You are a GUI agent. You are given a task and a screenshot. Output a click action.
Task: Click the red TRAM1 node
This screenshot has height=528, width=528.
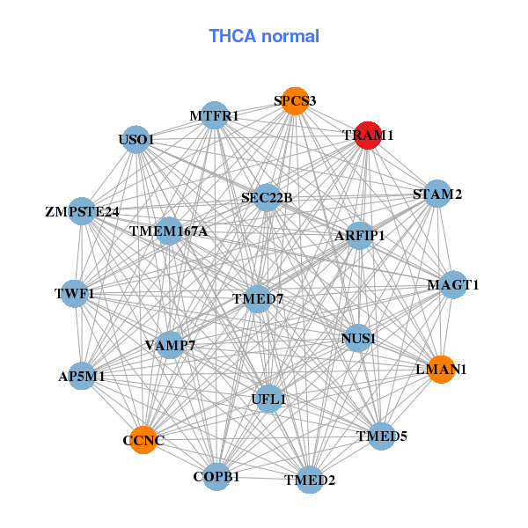pos(367,136)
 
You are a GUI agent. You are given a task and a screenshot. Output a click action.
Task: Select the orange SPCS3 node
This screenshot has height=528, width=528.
pos(295,101)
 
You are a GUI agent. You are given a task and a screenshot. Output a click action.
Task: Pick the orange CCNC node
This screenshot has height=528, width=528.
pos(143,439)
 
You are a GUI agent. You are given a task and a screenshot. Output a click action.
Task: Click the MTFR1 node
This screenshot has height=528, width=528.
pos(215,115)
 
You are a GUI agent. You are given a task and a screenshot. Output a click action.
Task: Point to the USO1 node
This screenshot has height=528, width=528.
pos(136,139)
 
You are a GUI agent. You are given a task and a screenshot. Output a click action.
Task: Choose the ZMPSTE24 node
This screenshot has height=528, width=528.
pos(82,211)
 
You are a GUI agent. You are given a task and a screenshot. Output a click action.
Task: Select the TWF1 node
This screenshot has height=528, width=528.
pos(75,292)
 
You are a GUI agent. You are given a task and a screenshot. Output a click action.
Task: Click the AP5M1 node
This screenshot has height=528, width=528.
pos(82,375)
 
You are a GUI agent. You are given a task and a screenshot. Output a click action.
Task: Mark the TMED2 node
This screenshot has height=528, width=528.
pos(310,480)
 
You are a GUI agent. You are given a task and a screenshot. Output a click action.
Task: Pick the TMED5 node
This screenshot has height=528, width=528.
pos(381,436)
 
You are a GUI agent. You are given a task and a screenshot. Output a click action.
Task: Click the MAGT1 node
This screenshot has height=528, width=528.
pos(452,284)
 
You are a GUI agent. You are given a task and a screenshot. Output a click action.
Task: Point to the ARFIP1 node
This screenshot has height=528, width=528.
pos(359,235)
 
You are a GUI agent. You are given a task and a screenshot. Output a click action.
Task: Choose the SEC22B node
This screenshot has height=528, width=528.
pos(267,197)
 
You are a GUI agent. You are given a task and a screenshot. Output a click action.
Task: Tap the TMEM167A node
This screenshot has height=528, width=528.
pos(169,231)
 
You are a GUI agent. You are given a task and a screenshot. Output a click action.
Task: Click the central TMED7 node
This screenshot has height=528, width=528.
pos(258,299)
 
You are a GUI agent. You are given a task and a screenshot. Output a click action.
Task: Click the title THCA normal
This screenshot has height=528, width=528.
pos(264,36)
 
